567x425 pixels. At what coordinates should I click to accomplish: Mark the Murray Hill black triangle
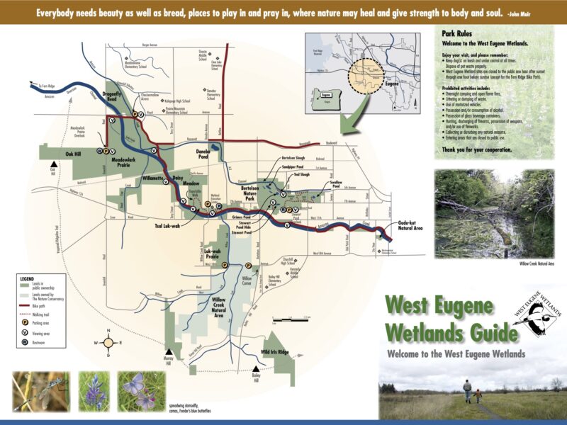click(169, 352)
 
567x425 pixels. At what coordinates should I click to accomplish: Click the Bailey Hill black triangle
click(256, 368)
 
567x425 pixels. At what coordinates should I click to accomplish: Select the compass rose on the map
click(108, 343)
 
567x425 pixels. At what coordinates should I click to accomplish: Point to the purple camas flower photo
click(94, 391)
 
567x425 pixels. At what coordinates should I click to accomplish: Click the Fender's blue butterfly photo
click(141, 391)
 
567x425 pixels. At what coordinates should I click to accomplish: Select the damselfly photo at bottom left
click(41, 391)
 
